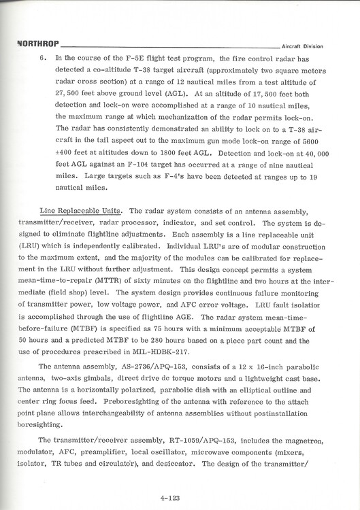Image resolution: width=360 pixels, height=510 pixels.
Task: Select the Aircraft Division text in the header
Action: (x=302, y=46)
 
